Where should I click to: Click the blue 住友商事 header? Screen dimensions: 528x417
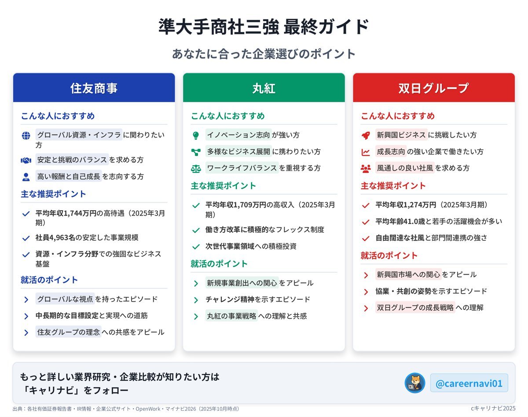[x=94, y=88]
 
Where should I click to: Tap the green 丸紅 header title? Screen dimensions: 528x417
[x=264, y=88]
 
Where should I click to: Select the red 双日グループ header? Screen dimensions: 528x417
[x=433, y=88]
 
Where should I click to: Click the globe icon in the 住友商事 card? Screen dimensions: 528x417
[x=26, y=135]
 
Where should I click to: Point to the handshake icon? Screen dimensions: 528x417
[x=26, y=160]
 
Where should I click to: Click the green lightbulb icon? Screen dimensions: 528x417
[x=196, y=135]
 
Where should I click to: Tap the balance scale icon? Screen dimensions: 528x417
[x=196, y=169]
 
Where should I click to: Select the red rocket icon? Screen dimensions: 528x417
[x=366, y=135]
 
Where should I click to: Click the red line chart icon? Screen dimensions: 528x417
[x=366, y=152]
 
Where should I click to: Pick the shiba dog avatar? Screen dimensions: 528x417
[x=414, y=383]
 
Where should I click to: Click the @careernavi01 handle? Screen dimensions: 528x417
[x=469, y=383]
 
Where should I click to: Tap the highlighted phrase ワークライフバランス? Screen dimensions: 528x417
[x=242, y=168]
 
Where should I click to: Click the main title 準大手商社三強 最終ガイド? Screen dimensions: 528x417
[x=264, y=26]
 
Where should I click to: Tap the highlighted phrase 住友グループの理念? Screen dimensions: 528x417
[x=69, y=332]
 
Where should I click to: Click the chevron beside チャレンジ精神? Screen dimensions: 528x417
[x=196, y=300]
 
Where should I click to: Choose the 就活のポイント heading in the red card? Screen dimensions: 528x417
[x=389, y=256]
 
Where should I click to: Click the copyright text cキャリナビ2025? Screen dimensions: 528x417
[x=493, y=408]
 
